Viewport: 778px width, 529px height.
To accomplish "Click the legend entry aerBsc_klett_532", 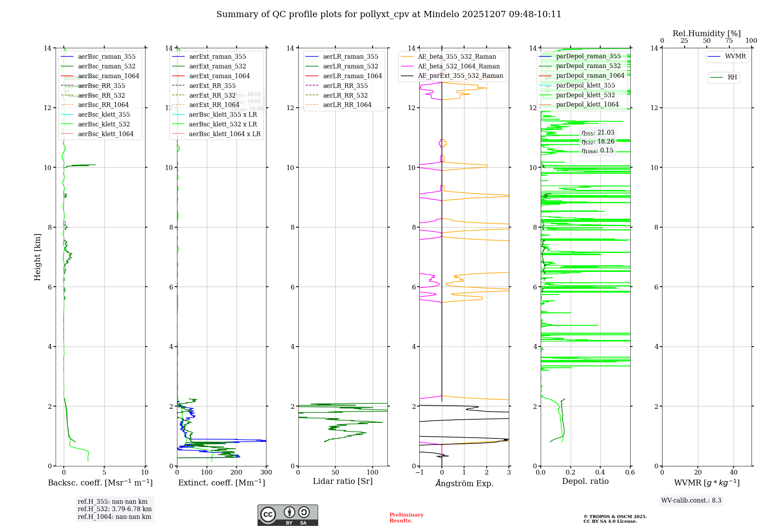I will point(103,124).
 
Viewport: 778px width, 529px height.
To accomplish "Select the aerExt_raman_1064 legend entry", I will point(219,76).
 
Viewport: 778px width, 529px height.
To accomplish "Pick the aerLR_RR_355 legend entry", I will point(345,86).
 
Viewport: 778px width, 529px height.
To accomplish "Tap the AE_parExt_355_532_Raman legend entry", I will point(460,76).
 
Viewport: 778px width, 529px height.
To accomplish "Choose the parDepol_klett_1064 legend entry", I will point(587,105).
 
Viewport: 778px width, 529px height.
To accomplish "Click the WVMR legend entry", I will point(735,56).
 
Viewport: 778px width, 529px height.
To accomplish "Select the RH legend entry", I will point(732,77).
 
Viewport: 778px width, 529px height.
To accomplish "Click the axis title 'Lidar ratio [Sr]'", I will point(343,482).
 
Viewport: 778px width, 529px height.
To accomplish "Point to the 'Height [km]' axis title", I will point(37,257).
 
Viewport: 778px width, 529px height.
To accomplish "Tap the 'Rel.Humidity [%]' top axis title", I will point(706,33).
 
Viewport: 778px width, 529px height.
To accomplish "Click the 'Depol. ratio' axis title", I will point(585,482).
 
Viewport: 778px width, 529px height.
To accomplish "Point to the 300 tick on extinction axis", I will point(266,473).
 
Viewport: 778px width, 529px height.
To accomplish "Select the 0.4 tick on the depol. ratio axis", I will point(600,473).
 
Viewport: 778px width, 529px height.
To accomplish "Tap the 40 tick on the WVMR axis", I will point(734,473).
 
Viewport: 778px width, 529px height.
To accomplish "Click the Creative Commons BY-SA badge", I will point(287,515).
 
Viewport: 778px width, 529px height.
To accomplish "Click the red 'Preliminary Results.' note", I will point(406,518).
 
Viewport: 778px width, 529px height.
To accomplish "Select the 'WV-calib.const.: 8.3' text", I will point(691,501).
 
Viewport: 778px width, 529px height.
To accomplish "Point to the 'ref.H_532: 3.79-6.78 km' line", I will point(114,509).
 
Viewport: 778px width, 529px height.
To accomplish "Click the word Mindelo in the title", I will point(441,14).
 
